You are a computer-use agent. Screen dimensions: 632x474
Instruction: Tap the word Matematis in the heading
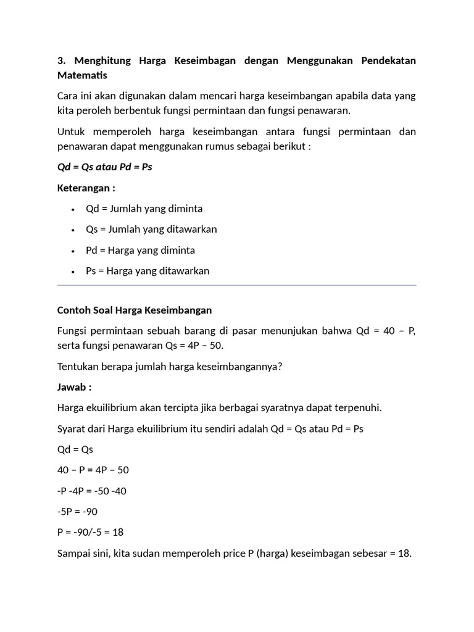pos(82,75)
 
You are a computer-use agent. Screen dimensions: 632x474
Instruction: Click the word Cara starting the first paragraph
pos(68,96)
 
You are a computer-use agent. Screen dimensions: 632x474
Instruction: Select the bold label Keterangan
pos(86,188)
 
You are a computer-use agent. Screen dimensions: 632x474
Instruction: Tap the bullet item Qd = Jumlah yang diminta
pos(144,209)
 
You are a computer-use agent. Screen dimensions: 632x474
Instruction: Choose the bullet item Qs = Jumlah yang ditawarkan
pos(151,230)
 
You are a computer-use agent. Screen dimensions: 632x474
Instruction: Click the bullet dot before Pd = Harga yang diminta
pos(73,251)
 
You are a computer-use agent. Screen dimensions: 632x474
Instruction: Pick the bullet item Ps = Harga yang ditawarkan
pos(148,271)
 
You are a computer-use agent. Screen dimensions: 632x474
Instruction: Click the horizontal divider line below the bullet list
pos(236,286)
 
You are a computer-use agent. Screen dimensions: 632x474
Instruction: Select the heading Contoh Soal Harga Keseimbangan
pos(134,310)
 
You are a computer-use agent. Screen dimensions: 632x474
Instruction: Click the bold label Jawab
pos(74,387)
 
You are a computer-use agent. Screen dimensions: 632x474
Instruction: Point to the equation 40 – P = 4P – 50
pos(93,470)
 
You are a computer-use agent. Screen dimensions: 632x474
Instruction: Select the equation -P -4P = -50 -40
pos(92,491)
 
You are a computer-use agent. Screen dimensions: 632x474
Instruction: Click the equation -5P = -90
pos(77,512)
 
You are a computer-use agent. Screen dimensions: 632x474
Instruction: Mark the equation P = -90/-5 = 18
pos(91,532)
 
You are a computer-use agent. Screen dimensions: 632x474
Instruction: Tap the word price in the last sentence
pos(234,553)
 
